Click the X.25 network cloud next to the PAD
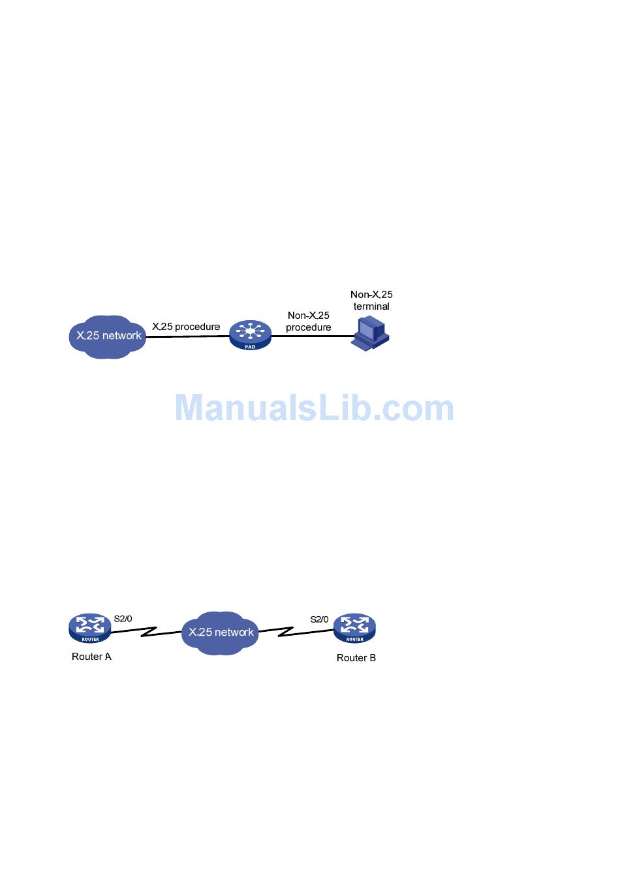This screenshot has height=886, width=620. point(108,336)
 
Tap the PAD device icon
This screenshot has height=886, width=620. point(250,335)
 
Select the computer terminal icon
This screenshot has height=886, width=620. point(370,333)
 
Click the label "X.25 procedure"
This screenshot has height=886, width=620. point(186,327)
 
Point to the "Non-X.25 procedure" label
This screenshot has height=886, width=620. point(309,321)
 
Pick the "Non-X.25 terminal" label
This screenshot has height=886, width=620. point(371,301)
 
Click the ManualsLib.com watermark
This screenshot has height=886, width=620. point(314,408)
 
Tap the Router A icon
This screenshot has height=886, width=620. point(90,628)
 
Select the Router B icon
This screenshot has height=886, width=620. point(354,628)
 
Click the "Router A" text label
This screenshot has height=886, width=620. point(91,657)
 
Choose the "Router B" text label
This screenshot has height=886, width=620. point(356,658)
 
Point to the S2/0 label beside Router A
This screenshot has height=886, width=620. point(123,619)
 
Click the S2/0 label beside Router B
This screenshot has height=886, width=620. point(319,619)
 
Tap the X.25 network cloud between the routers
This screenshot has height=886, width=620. point(221,632)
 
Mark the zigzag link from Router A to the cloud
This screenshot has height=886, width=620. point(147,632)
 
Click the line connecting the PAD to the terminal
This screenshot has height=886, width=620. point(311,336)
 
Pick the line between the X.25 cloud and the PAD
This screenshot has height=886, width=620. point(187,336)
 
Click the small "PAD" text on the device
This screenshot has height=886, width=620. point(250,347)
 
